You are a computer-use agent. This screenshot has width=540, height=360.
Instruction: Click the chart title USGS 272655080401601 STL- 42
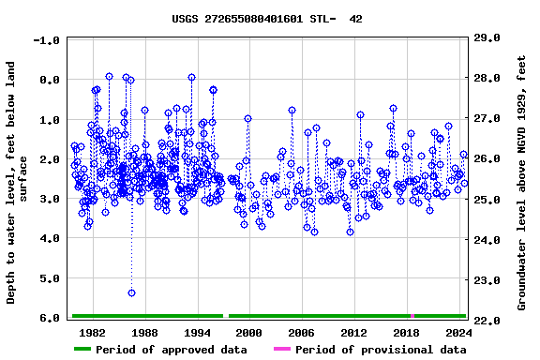[267, 19]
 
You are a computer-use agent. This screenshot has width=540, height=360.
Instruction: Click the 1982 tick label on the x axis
[92, 332]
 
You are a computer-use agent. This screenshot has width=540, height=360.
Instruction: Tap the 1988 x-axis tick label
[144, 332]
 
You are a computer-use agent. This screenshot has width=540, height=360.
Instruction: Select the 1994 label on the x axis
[197, 332]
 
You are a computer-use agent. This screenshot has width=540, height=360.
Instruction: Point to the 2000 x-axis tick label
[248, 332]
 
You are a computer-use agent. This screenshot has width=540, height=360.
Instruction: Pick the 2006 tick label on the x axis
[301, 332]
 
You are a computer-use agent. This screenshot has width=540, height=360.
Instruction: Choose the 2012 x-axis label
[353, 332]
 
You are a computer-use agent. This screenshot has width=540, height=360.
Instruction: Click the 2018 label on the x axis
[406, 332]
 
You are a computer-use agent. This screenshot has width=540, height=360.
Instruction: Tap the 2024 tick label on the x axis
[458, 332]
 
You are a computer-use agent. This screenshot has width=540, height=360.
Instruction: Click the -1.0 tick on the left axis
[46, 40]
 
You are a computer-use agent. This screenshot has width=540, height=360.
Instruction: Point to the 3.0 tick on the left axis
[50, 199]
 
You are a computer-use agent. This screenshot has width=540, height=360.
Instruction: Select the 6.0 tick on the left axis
[50, 318]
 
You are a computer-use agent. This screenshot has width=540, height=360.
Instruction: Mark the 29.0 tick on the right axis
[488, 37]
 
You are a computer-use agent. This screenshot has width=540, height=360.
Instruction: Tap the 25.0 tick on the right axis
[488, 200]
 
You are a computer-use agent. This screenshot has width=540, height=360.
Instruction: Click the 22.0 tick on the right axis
[488, 321]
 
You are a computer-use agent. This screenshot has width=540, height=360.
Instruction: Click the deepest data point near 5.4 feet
[131, 292]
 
